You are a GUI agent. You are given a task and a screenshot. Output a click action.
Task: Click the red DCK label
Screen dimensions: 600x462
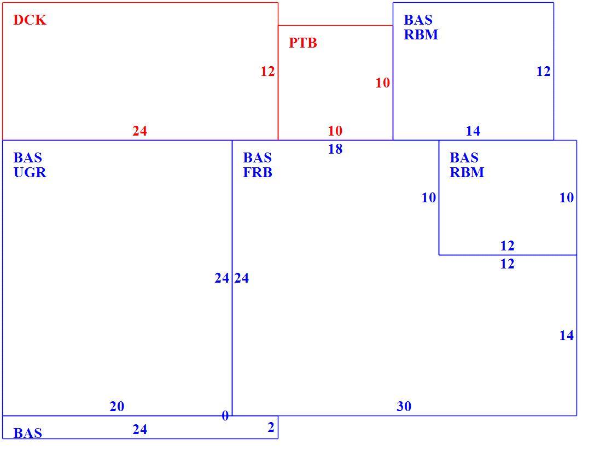30,20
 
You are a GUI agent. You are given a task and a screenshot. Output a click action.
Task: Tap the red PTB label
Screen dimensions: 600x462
302,43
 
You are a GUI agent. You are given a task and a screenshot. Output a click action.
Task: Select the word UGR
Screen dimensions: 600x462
30,172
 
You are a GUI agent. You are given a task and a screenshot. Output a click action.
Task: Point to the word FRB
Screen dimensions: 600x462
258,172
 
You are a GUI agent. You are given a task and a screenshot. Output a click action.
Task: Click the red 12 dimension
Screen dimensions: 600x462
267,72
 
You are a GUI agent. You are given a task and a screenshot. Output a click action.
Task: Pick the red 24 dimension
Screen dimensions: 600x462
139,131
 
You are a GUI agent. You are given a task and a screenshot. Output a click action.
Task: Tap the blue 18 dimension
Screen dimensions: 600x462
335,149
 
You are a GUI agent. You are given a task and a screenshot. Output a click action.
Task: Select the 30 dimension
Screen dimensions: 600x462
404,407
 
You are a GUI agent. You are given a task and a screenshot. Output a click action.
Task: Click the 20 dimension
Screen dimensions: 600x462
116,407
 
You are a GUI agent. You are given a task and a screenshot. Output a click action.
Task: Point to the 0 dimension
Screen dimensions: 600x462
225,416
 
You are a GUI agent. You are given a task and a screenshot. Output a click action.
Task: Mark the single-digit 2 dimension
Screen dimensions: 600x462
271,428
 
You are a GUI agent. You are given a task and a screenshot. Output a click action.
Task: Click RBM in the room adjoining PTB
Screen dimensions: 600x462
421,35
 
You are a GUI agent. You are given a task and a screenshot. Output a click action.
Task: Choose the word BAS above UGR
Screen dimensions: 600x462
27,157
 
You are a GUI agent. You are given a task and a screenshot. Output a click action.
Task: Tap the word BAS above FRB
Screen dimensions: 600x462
257,157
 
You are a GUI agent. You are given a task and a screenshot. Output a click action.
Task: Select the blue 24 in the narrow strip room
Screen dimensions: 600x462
139,430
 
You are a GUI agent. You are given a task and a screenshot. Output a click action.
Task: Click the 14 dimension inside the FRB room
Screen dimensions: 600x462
566,336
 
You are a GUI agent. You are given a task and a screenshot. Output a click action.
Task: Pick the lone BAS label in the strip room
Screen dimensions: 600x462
27,433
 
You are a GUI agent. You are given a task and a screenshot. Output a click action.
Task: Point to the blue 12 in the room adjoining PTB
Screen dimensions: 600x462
543,72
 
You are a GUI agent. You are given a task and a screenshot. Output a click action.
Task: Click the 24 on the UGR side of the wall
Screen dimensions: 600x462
222,278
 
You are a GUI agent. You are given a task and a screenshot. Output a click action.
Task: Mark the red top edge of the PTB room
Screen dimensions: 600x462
336,26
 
